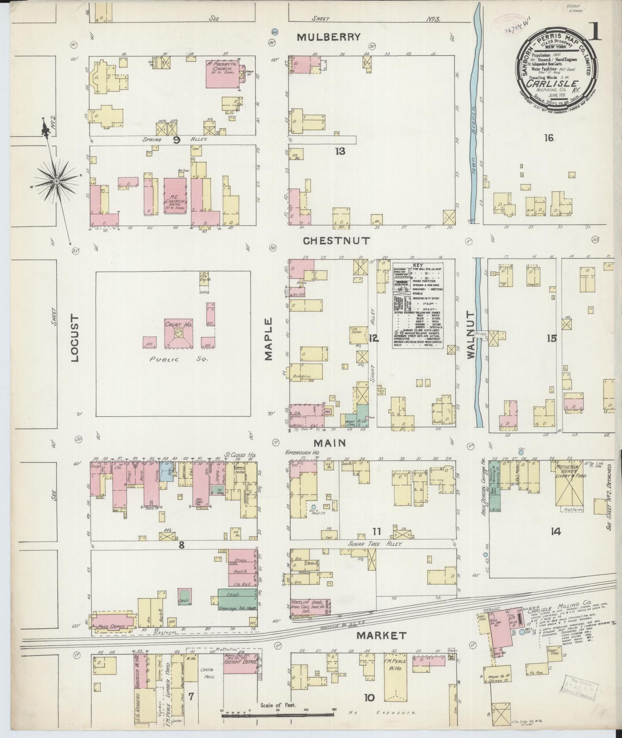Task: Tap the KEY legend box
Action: pos(424,305)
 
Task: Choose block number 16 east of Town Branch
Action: pos(548,138)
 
